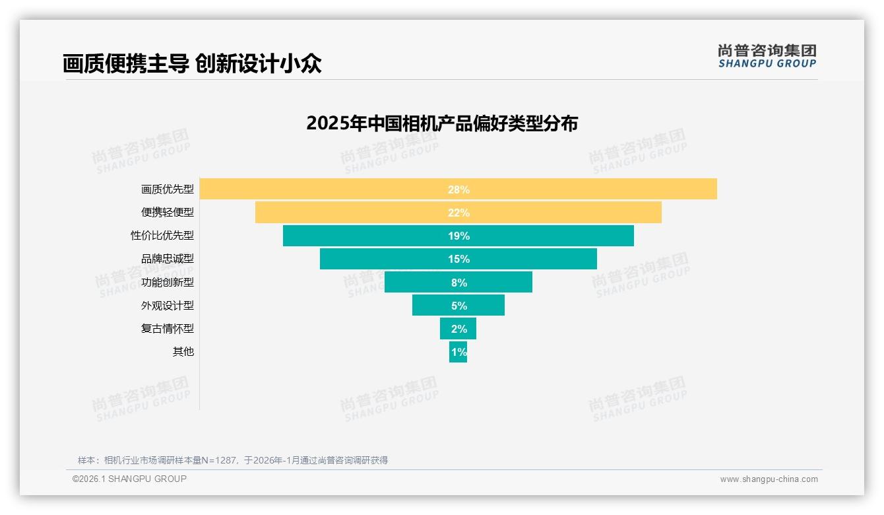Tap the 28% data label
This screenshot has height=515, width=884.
[458, 189]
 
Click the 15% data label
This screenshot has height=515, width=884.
[458, 259]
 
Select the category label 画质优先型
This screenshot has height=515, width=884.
[168, 189]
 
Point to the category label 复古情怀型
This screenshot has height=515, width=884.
[168, 329]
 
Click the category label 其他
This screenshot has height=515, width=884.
[183, 352]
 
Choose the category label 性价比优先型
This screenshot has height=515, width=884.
[162, 236]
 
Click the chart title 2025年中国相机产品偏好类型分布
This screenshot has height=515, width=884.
[442, 123]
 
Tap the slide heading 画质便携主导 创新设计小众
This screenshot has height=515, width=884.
[192, 64]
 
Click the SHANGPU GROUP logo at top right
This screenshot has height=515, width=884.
[767, 56]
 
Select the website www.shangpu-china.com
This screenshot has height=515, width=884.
[769, 479]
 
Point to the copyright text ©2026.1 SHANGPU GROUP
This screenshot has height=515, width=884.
[129, 479]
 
